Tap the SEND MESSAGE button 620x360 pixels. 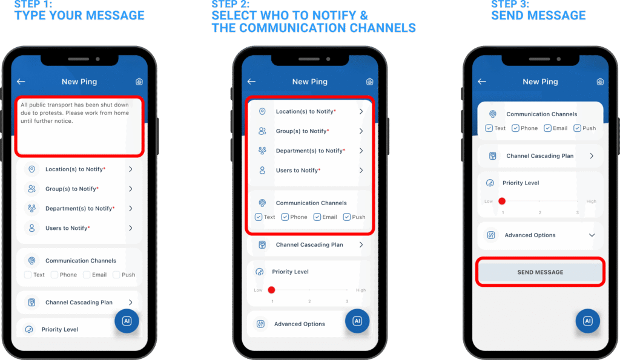tap(540, 272)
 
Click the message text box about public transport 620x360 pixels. tap(79, 126)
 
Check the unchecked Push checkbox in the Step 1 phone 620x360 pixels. tap(116, 275)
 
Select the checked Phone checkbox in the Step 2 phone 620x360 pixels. tap(285, 217)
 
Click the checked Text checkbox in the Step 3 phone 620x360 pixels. tap(489, 128)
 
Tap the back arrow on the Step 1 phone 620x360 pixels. tap(21, 82)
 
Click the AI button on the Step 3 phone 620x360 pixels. tap(587, 321)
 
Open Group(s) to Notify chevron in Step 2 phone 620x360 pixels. tap(361, 131)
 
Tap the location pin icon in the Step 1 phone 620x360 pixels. tap(31, 169)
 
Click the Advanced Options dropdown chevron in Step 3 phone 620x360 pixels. tap(592, 235)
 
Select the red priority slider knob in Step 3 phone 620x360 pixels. tap(502, 201)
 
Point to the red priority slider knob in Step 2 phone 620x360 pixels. tap(271, 290)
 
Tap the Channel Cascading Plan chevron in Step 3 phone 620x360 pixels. tap(592, 156)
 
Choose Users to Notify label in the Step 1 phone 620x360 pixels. tap(67, 228)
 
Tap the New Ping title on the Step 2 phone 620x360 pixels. tap(309, 82)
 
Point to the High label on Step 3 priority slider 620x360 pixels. tap(591, 201)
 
